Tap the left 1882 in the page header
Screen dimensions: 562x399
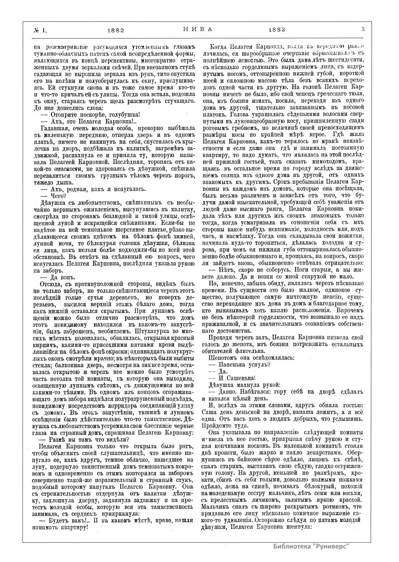[x=116, y=30]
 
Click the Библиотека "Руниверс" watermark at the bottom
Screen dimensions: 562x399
[x=311, y=546]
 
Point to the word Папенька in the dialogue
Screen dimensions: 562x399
[x=233, y=364]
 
